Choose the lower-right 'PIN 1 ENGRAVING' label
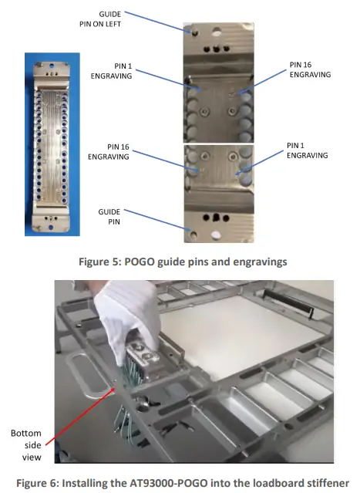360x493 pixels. click(x=307, y=150)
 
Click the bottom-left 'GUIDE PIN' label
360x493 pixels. click(x=110, y=214)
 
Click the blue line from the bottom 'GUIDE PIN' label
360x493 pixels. click(x=154, y=221)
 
